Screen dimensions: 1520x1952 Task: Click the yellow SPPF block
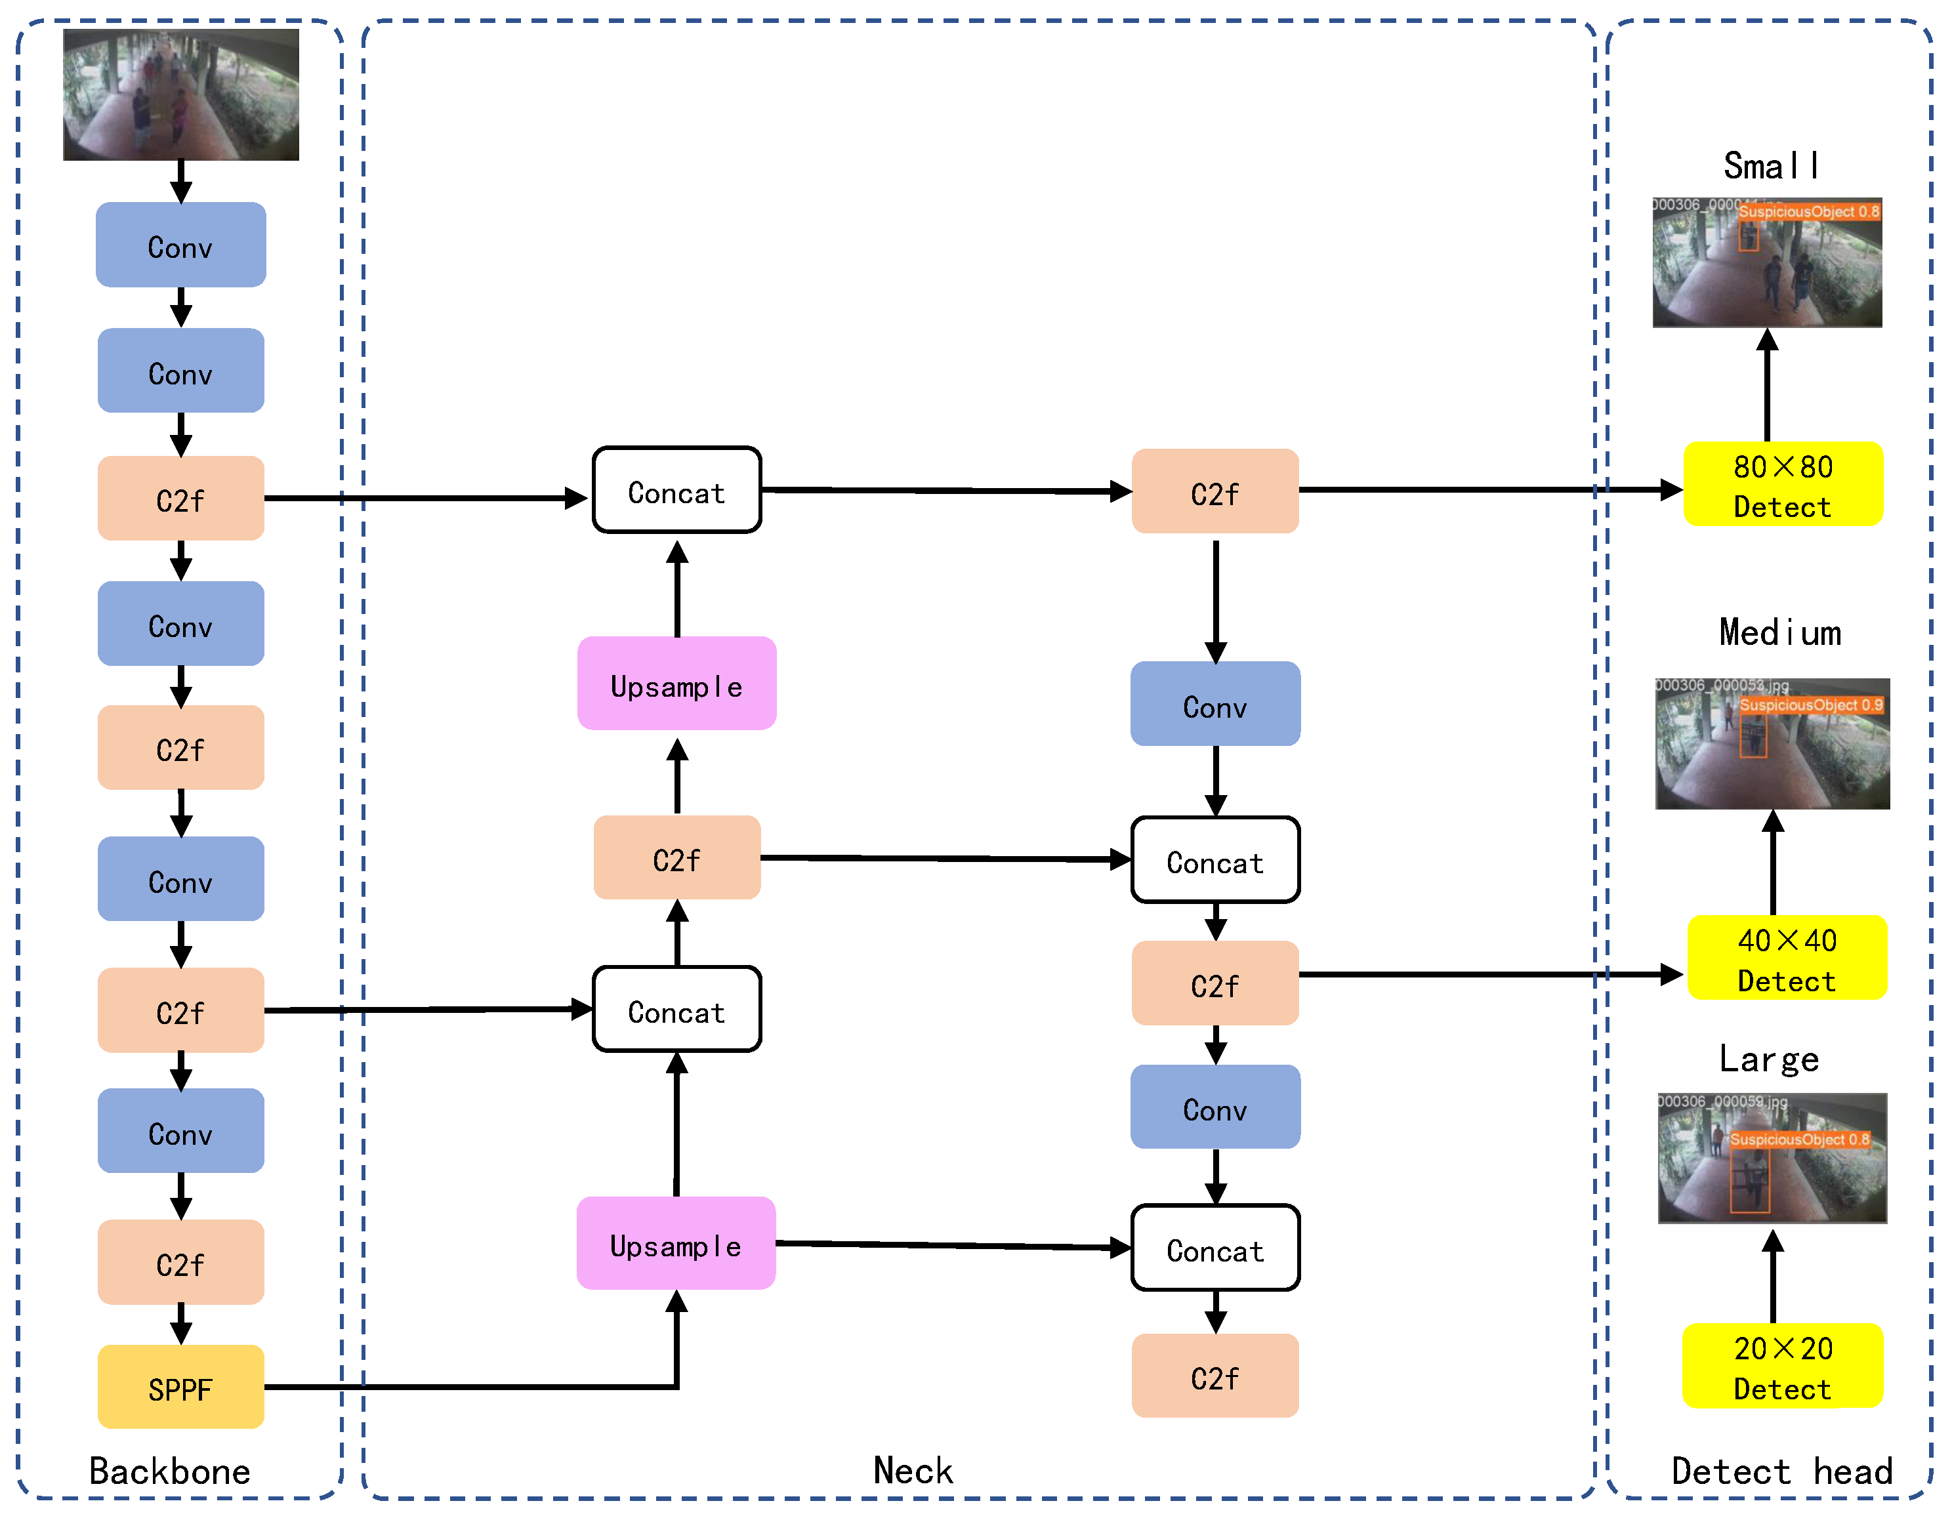point(180,1387)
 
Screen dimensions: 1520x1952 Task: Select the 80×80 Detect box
point(1783,485)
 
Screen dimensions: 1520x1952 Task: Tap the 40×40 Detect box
point(1787,959)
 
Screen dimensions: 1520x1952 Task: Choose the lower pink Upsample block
point(676,1244)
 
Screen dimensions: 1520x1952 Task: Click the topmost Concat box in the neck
point(676,491)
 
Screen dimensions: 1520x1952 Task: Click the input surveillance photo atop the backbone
point(180,94)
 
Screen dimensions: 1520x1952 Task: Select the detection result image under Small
point(1767,262)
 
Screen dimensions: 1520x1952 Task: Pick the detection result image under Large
point(1772,1159)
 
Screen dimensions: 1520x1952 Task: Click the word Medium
point(1779,632)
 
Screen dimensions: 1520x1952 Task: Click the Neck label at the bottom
point(913,1471)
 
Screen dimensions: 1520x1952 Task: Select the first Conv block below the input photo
point(180,246)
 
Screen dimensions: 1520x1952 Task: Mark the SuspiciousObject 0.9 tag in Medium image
point(1811,705)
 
